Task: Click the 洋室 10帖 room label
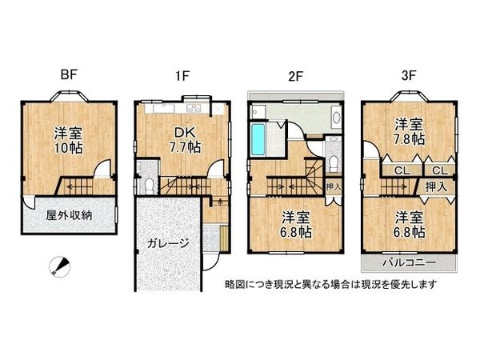(69, 140)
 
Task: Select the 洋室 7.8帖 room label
(408, 132)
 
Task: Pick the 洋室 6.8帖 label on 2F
(296, 224)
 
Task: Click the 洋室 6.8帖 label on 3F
(408, 224)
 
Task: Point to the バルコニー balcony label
(410, 262)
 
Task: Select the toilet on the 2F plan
(334, 160)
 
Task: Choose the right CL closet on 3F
(438, 170)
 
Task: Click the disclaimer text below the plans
(330, 284)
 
